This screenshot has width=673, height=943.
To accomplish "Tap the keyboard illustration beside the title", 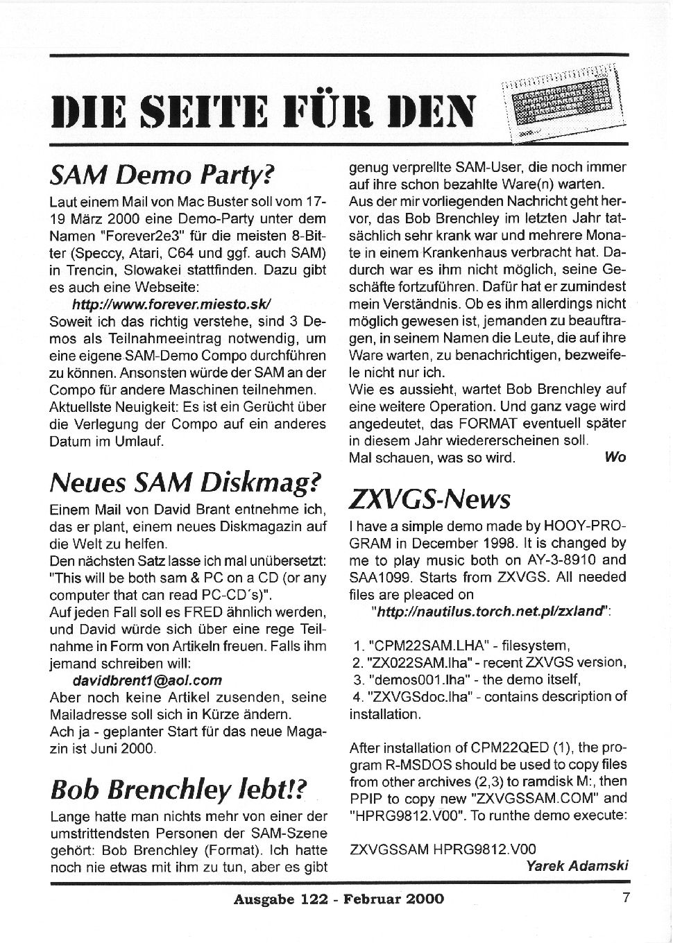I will pos(562,103).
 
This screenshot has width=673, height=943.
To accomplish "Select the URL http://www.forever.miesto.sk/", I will pos(171,304).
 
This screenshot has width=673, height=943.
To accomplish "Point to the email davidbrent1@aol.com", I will pos(147,680).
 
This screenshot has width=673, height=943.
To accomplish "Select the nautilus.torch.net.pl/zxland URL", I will pos(490,611).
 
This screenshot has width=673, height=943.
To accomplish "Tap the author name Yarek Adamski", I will pos(577,865).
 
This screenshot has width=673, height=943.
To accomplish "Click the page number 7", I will pos(626,898).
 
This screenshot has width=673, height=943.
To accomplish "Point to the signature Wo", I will pos(615,456).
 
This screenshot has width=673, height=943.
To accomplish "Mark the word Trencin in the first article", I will pos(72,270).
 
